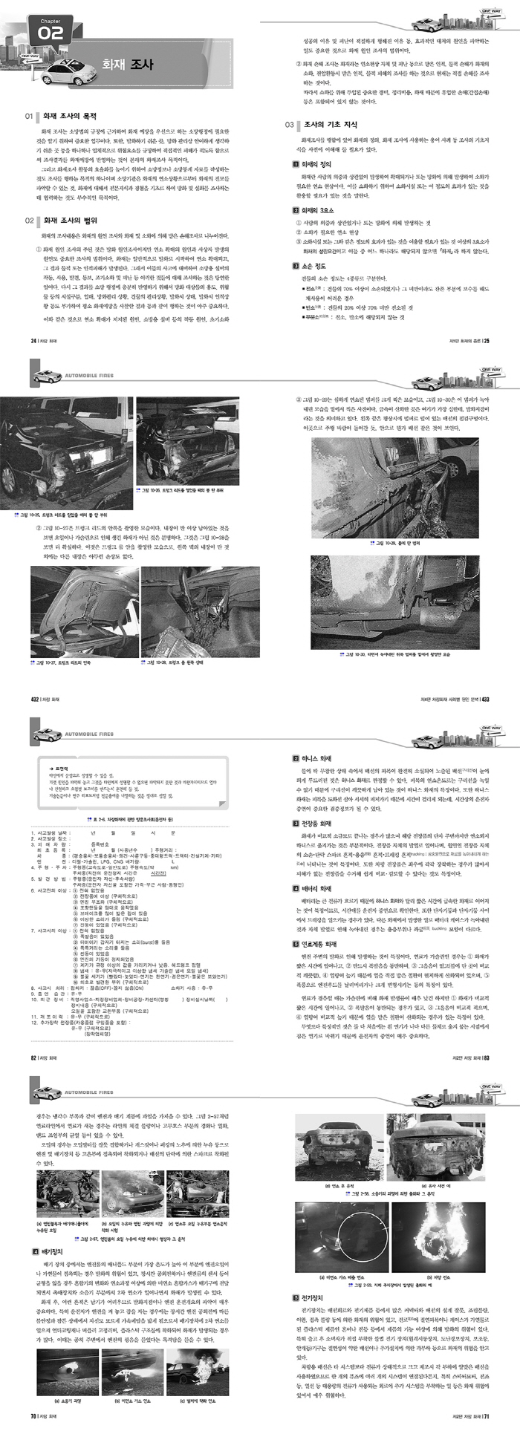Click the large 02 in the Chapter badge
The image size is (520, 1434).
[50, 34]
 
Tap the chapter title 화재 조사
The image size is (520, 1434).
[128, 65]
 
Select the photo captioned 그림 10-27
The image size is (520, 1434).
[82, 614]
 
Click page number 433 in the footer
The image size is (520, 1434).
[485, 699]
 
